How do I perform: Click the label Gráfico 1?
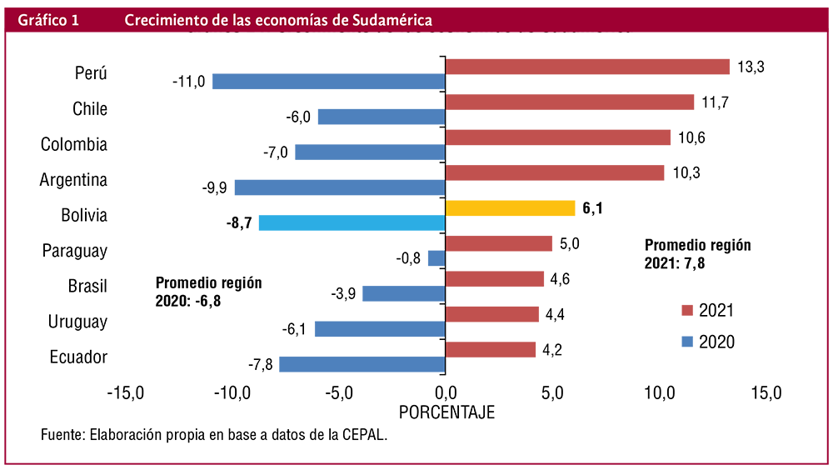(47, 21)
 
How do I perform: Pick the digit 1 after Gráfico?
(75, 21)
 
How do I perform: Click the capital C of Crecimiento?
(131, 21)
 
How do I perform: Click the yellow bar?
(512, 207)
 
